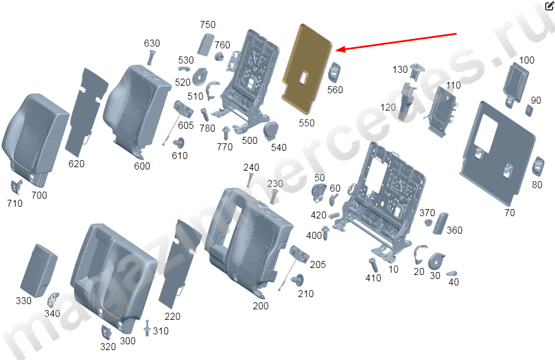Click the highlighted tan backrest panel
(306, 67)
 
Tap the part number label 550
(306, 123)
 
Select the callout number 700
(39, 195)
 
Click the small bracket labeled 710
(16, 187)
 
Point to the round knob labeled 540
(271, 130)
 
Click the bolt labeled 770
(225, 133)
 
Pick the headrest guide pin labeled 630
(151, 57)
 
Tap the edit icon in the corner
(549, 5)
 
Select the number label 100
(526, 60)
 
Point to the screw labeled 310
(147, 328)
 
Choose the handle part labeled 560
(334, 73)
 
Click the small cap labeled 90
(528, 111)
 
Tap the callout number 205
(317, 264)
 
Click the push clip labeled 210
(298, 280)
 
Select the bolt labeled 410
(373, 265)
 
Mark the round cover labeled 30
(436, 260)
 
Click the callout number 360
(454, 230)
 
